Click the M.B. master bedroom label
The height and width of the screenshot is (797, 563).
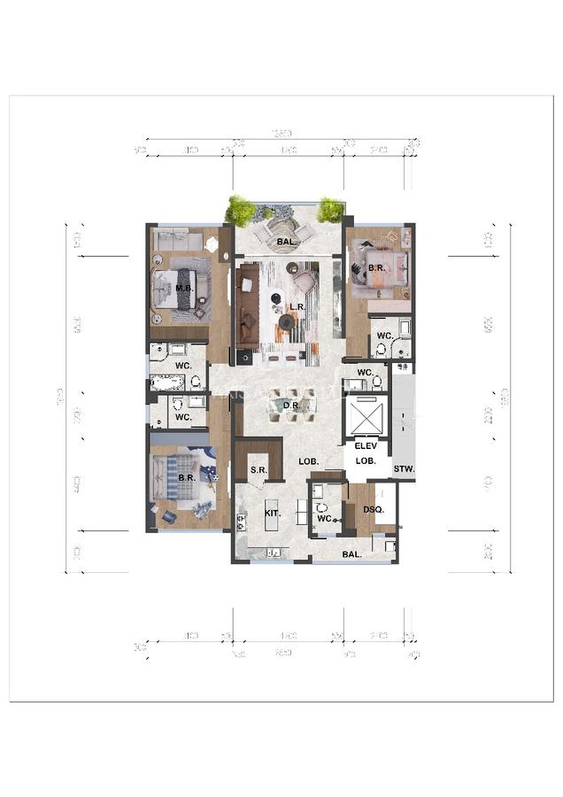184,289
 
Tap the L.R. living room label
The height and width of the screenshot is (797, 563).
297,307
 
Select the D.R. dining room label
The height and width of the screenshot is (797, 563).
290,406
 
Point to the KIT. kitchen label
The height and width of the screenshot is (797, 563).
272,514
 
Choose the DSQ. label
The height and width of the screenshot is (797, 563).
373,509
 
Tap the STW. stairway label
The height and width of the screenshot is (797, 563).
404,468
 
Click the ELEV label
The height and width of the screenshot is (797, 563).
366,446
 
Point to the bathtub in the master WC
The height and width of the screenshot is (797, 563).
168,383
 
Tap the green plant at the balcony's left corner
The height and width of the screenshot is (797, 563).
240,210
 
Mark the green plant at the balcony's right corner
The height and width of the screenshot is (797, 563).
330,209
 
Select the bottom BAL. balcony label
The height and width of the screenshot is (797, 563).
352,554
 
